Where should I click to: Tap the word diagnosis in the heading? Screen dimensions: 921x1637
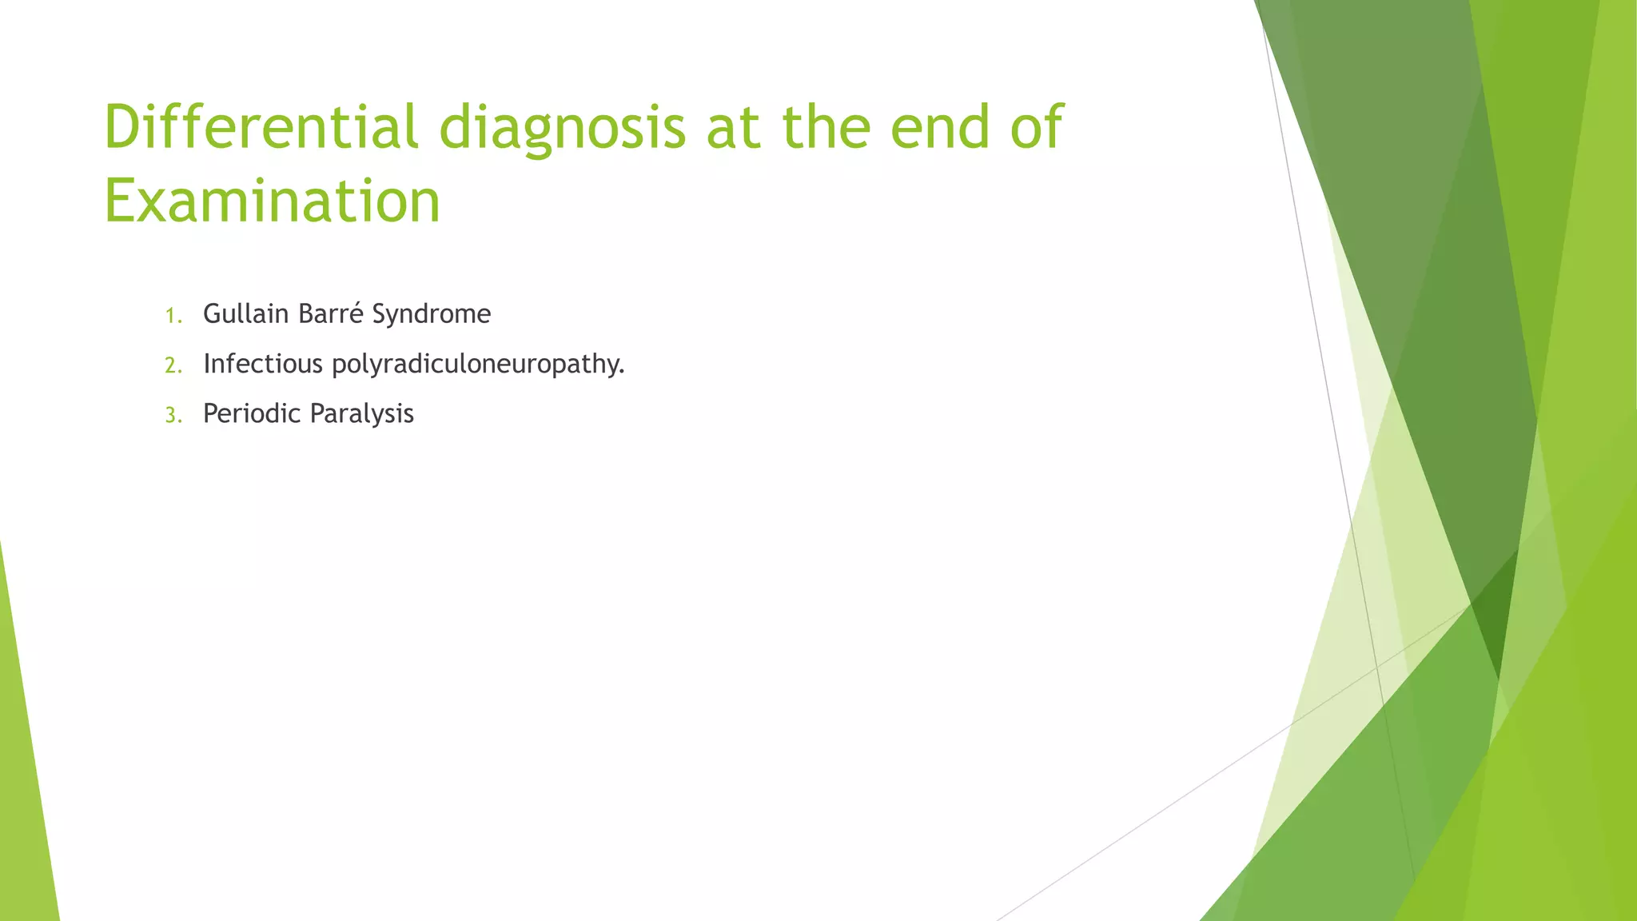(x=563, y=128)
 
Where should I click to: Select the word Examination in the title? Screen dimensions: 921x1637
(x=273, y=201)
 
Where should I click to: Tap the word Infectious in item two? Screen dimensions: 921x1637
(x=263, y=364)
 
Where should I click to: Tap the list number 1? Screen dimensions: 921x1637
(x=172, y=317)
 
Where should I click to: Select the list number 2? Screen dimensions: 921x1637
(x=173, y=366)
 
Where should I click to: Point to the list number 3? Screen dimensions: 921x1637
(x=173, y=416)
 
